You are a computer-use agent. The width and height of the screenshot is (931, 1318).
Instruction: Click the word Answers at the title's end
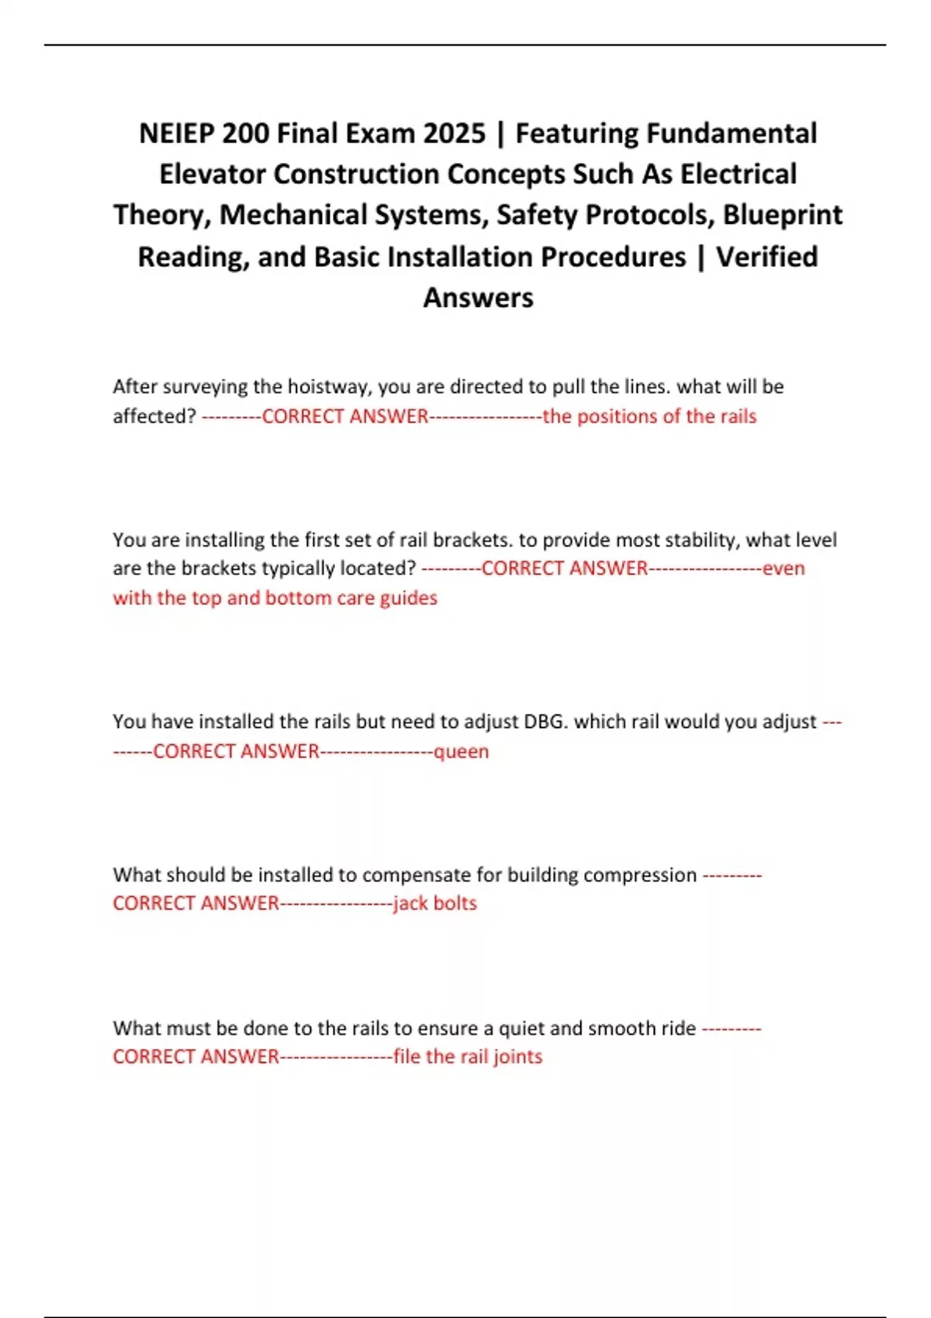(x=478, y=298)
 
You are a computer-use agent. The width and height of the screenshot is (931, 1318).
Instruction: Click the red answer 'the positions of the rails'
(x=649, y=416)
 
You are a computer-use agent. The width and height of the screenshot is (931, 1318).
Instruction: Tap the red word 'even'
(x=784, y=568)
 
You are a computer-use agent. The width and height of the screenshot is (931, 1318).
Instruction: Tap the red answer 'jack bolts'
(x=434, y=903)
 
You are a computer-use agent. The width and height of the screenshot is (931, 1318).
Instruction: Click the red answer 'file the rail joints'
(x=468, y=1057)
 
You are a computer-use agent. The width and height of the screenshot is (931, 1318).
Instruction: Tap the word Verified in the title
(x=767, y=257)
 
